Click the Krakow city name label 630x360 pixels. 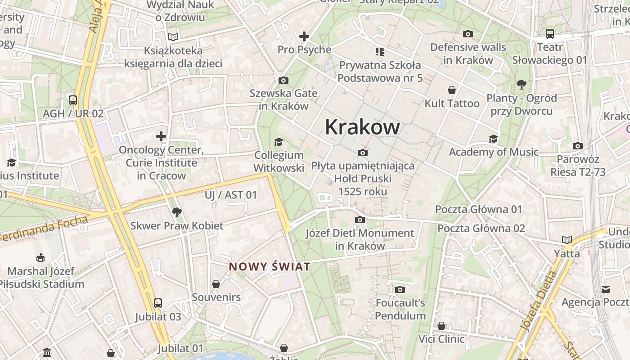click(362, 127)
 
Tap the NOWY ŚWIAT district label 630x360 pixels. click(270, 267)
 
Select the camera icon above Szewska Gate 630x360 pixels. click(283, 81)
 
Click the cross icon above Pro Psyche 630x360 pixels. click(304, 36)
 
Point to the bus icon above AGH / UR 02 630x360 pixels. click(73, 100)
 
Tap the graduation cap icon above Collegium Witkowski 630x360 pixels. click(279, 142)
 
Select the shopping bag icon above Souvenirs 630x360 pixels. click(216, 284)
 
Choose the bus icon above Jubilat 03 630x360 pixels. click(158, 303)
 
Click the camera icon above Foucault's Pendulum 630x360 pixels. click(400, 289)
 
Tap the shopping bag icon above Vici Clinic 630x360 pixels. click(441, 325)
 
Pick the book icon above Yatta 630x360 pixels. click(567, 240)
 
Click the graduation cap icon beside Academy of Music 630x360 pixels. click(494, 139)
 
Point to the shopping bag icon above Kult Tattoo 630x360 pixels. click(452, 90)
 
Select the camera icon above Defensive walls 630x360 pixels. click(468, 34)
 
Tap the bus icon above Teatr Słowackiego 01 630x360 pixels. click(549, 34)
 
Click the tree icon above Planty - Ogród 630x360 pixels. click(522, 84)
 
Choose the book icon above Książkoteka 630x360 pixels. click(173, 37)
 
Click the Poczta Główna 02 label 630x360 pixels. click(481, 228)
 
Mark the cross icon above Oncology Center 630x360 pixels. click(161, 136)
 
